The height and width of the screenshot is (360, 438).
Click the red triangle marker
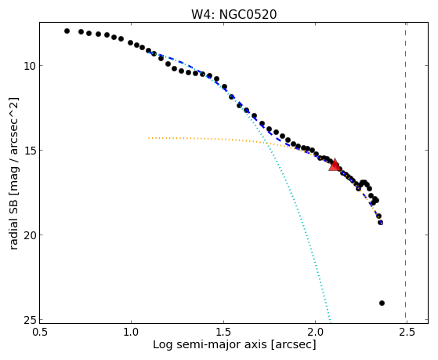(335, 165)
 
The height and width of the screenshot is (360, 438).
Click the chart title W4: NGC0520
(233, 14)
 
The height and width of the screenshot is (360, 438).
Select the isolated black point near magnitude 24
(382, 303)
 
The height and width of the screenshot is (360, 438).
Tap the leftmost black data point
(67, 31)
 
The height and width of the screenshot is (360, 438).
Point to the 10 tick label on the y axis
(29, 66)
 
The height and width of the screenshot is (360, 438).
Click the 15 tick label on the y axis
(29, 151)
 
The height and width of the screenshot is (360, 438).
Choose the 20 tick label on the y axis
(29, 235)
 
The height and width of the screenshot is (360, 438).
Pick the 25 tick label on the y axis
(29, 320)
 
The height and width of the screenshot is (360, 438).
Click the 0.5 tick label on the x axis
(40, 332)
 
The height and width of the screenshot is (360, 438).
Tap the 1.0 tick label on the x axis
(132, 332)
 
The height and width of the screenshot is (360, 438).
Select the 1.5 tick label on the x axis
(223, 332)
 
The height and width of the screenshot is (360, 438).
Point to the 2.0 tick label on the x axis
(315, 332)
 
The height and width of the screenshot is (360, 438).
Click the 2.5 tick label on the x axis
(407, 332)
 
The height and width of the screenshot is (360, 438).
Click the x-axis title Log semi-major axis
(210, 344)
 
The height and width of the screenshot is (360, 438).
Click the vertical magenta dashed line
(405, 173)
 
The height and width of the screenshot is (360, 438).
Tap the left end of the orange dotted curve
(149, 138)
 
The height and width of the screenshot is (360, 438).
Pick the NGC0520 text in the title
(248, 14)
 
